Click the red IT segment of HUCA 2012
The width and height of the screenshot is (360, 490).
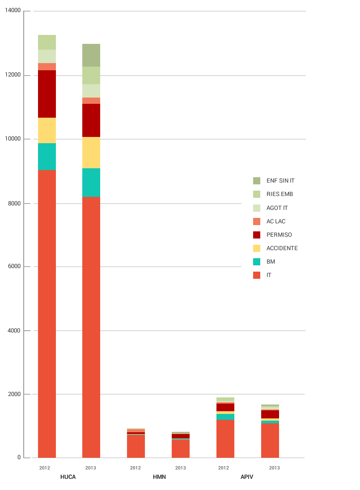[x=47, y=313]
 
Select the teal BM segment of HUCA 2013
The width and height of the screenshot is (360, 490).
[x=91, y=183]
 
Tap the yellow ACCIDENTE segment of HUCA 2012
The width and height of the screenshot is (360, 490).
[x=47, y=131]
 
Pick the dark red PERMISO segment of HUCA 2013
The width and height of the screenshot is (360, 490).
[x=91, y=120]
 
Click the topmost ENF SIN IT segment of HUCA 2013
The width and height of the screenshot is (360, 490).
[x=91, y=55]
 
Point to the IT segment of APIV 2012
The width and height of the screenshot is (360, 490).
[x=225, y=439]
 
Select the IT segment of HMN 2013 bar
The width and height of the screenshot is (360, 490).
[x=181, y=449]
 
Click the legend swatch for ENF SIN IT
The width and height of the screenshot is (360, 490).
[x=256, y=181]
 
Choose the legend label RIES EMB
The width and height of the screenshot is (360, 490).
[x=280, y=194]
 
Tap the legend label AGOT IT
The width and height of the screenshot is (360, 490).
[x=277, y=208]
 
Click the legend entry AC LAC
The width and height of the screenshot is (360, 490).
[x=275, y=221]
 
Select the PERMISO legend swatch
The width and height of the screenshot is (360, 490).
[x=256, y=234]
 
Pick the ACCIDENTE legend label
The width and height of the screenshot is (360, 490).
[x=282, y=248]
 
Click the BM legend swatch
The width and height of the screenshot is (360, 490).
[x=256, y=261]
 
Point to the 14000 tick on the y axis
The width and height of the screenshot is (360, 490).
[x=12, y=11]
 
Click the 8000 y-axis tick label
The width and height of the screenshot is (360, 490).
[x=13, y=203]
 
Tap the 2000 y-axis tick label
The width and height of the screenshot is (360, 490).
[x=13, y=394]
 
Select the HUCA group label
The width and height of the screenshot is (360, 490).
[x=68, y=477]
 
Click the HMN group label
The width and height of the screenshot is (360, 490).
[x=159, y=477]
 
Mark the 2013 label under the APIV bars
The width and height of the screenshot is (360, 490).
[x=274, y=468]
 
